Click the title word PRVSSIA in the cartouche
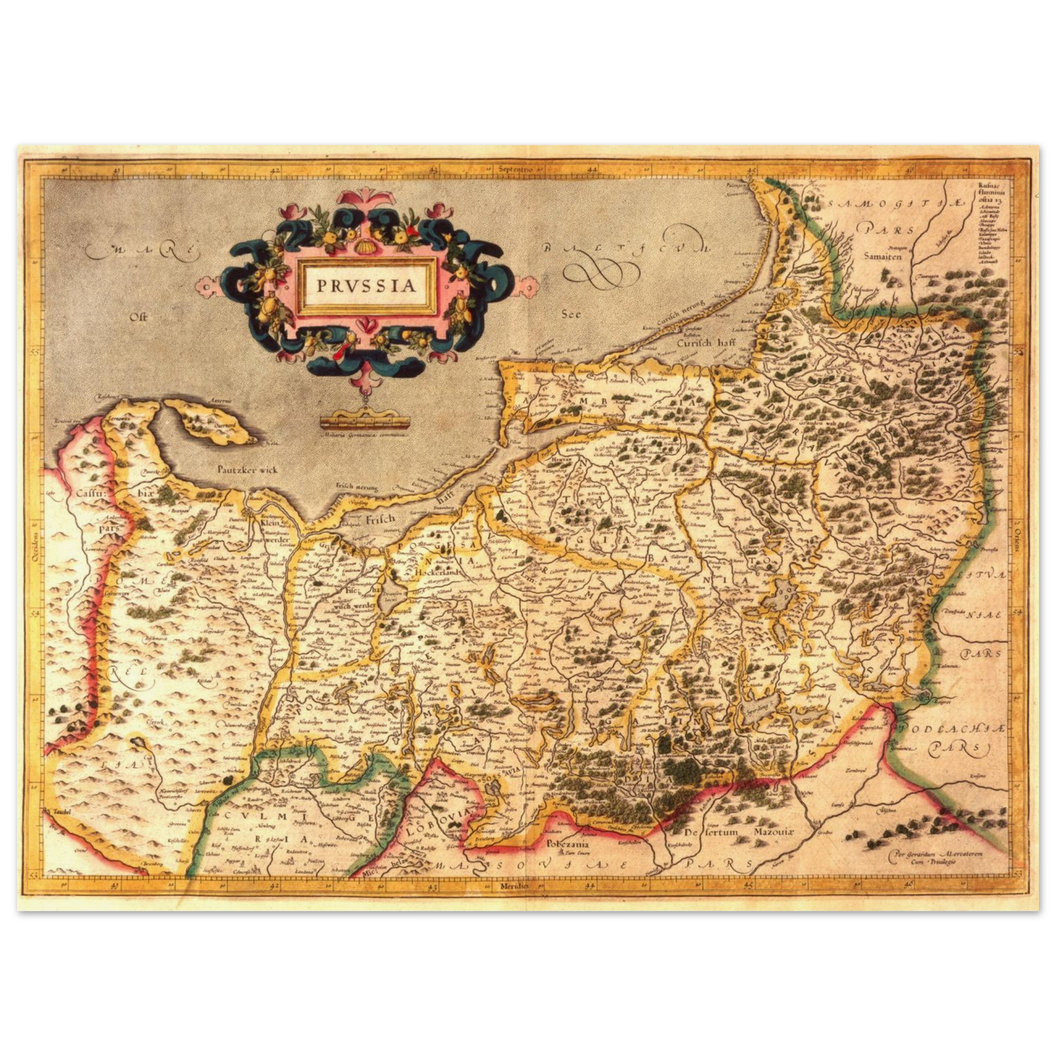click(x=366, y=284)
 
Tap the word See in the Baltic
click(x=571, y=314)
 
